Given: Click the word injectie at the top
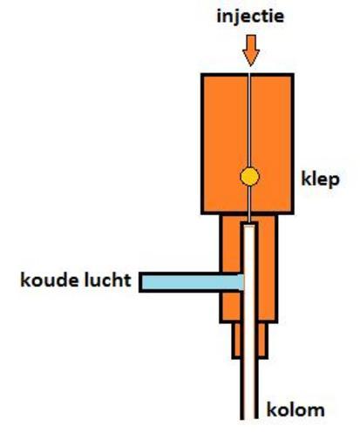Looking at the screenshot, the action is [250, 17].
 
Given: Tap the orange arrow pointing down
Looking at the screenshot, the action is [251, 51].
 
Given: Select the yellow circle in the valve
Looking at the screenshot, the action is [249, 177].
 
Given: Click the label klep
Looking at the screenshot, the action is [320, 179].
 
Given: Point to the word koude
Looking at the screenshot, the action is [50, 280].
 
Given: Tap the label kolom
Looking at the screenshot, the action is [295, 410].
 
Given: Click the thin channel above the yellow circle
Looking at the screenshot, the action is [249, 120].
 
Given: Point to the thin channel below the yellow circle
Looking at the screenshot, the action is [249, 204].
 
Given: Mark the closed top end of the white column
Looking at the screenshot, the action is [249, 224].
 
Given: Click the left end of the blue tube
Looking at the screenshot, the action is [140, 282].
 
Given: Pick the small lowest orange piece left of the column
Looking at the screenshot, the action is [236, 341].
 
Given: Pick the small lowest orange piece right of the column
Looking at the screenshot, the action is [262, 341].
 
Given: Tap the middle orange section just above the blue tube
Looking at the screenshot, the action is [231, 244].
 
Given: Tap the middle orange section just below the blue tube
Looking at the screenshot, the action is [231, 307].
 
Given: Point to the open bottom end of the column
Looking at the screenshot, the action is [249, 417].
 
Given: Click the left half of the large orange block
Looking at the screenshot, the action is [225, 144].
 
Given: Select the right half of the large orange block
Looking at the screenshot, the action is [272, 144].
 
